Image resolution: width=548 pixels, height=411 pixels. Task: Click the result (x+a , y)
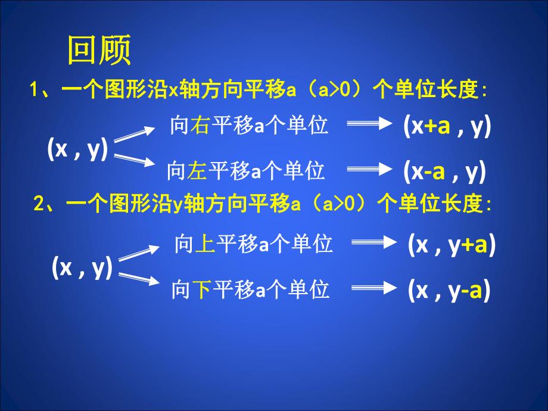[446, 127]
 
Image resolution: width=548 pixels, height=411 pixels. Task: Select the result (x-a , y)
[444, 172]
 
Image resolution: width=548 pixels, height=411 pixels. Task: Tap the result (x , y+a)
[452, 245]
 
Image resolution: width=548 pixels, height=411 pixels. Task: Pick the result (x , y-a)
[449, 291]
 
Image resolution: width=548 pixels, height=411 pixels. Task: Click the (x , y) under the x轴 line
[77, 150]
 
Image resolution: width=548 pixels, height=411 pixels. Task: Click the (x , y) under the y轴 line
[82, 269]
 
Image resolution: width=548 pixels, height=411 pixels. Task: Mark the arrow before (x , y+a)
[374, 243]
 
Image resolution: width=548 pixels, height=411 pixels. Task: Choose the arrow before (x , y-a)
[374, 289]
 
